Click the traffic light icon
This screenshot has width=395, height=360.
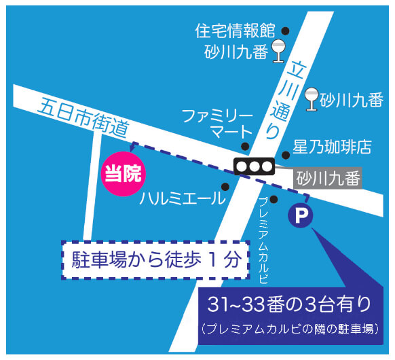[252, 166]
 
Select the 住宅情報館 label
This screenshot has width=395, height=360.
[234, 31]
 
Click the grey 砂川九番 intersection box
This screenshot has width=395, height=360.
[328, 179]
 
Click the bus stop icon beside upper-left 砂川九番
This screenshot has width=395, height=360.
[278, 51]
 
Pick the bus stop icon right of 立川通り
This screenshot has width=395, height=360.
[312, 100]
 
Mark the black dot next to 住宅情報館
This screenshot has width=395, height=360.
[286, 31]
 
